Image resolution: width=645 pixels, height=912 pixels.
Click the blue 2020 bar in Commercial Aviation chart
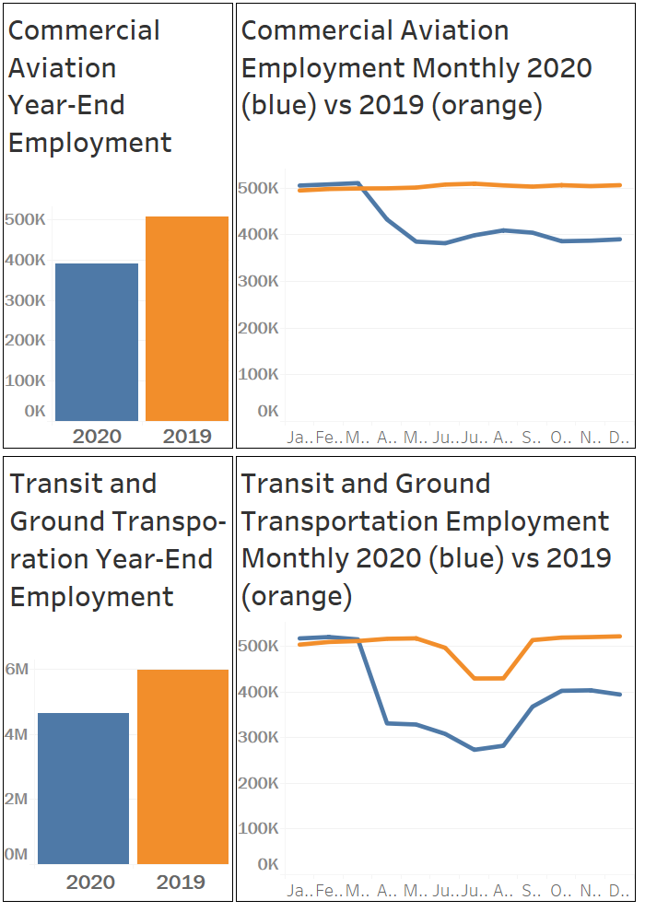(x=96, y=342)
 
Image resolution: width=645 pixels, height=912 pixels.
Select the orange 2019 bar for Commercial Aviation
(x=186, y=319)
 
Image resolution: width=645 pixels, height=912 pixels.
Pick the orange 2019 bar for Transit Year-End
(x=182, y=766)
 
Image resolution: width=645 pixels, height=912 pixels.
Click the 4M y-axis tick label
(x=17, y=734)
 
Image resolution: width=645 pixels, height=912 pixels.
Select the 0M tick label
(x=17, y=854)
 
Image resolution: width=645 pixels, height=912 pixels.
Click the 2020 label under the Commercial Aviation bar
(x=96, y=436)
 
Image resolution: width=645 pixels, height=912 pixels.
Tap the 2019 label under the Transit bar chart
(x=181, y=883)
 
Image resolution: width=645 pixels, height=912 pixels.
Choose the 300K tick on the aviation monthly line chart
(x=258, y=280)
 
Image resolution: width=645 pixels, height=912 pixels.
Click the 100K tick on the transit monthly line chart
(x=258, y=828)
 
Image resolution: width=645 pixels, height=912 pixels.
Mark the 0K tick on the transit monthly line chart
(x=267, y=864)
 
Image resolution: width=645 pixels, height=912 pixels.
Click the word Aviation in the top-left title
(x=62, y=68)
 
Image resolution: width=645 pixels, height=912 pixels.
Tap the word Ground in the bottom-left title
(x=56, y=521)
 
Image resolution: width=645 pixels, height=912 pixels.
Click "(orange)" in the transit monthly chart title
(x=297, y=596)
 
